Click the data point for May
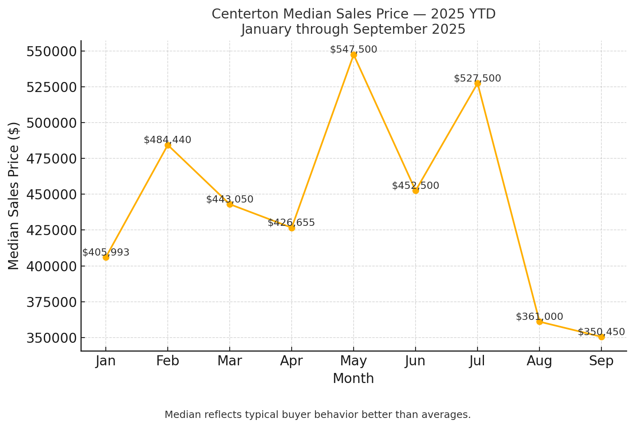354,55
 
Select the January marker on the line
106,257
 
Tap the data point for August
539,322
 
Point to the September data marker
601,337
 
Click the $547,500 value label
354,49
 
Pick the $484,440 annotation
167,140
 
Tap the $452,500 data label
416,186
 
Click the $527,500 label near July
478,78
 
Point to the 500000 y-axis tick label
51,123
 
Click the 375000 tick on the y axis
51,302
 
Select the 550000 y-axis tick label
51,51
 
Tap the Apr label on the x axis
292,361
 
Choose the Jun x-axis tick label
416,361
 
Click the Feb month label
167,361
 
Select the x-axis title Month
353,379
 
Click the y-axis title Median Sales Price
14,196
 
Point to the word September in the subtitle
392,29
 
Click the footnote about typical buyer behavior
317,415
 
